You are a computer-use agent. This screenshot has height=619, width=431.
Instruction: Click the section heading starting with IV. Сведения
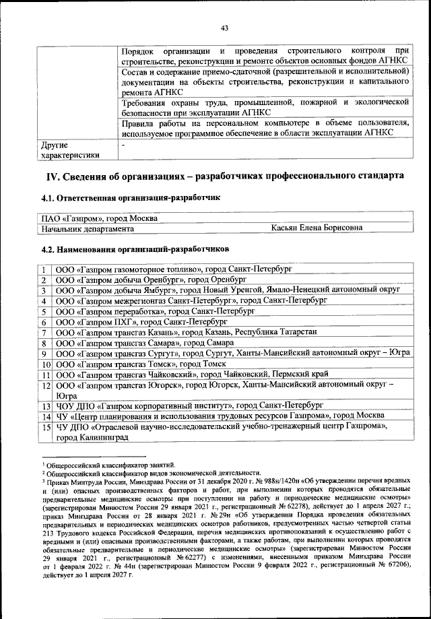[224, 176]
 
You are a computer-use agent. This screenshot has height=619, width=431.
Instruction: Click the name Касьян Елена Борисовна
[317, 228]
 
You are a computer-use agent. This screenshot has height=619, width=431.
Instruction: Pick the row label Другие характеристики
[70, 150]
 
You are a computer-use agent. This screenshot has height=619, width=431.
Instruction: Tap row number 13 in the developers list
[45, 407]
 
